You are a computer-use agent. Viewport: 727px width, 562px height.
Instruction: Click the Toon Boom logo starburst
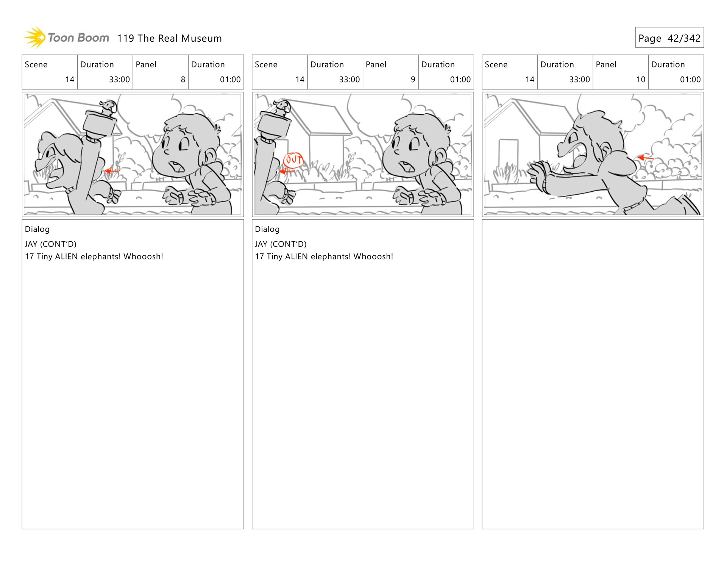tap(35, 37)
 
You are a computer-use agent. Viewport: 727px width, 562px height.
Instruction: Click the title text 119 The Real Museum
tap(169, 38)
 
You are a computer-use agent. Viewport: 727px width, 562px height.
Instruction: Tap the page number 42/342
tap(684, 38)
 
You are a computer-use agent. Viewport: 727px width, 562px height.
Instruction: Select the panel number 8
tap(183, 80)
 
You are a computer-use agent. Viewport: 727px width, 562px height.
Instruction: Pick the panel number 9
tap(413, 80)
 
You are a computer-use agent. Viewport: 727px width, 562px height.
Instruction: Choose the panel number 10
tap(641, 80)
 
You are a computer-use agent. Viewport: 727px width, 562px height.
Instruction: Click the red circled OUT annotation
tap(293, 160)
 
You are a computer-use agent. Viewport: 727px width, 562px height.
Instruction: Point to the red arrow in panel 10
tap(645, 158)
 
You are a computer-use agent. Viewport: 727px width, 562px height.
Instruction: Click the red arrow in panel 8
tap(112, 171)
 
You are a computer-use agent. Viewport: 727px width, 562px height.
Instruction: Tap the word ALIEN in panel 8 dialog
tap(66, 256)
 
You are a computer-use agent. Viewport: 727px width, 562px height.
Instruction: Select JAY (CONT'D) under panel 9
tap(281, 244)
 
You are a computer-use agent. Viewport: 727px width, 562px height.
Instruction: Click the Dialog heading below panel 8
tap(37, 229)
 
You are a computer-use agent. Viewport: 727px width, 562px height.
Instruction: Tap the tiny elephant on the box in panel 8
tap(109, 108)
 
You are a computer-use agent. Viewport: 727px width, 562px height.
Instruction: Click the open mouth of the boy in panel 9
tap(408, 167)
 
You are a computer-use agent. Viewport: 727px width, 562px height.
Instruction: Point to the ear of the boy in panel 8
tap(210, 155)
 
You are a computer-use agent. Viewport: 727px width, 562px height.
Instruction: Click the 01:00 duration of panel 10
tap(690, 80)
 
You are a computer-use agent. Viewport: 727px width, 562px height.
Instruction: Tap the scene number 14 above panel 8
tap(70, 80)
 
